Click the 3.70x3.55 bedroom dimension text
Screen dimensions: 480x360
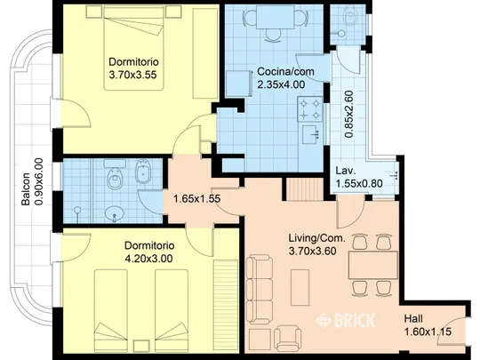coord(132,75)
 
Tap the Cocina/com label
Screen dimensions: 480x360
coord(285,71)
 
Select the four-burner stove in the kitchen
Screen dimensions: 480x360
coord(310,109)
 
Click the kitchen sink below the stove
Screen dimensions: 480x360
coord(311,134)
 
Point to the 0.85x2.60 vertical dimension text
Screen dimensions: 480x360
coord(348,114)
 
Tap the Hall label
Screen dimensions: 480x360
coord(413,319)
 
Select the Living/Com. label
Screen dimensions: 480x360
coord(316,238)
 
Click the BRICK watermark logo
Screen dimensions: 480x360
coord(345,321)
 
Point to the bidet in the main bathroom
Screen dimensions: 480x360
coord(142,172)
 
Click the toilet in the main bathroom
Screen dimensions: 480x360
coord(115,175)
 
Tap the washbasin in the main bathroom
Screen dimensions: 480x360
coord(114,213)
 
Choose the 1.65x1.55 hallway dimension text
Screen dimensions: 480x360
coord(196,199)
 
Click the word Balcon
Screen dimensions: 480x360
coord(26,189)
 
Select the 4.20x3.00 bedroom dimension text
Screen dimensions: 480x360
coord(148,259)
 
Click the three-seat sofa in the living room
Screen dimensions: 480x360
coord(260,290)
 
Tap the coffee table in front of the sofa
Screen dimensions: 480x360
coord(300,287)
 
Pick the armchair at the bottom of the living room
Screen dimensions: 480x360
coord(288,339)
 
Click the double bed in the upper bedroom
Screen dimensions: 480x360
coord(133,48)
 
